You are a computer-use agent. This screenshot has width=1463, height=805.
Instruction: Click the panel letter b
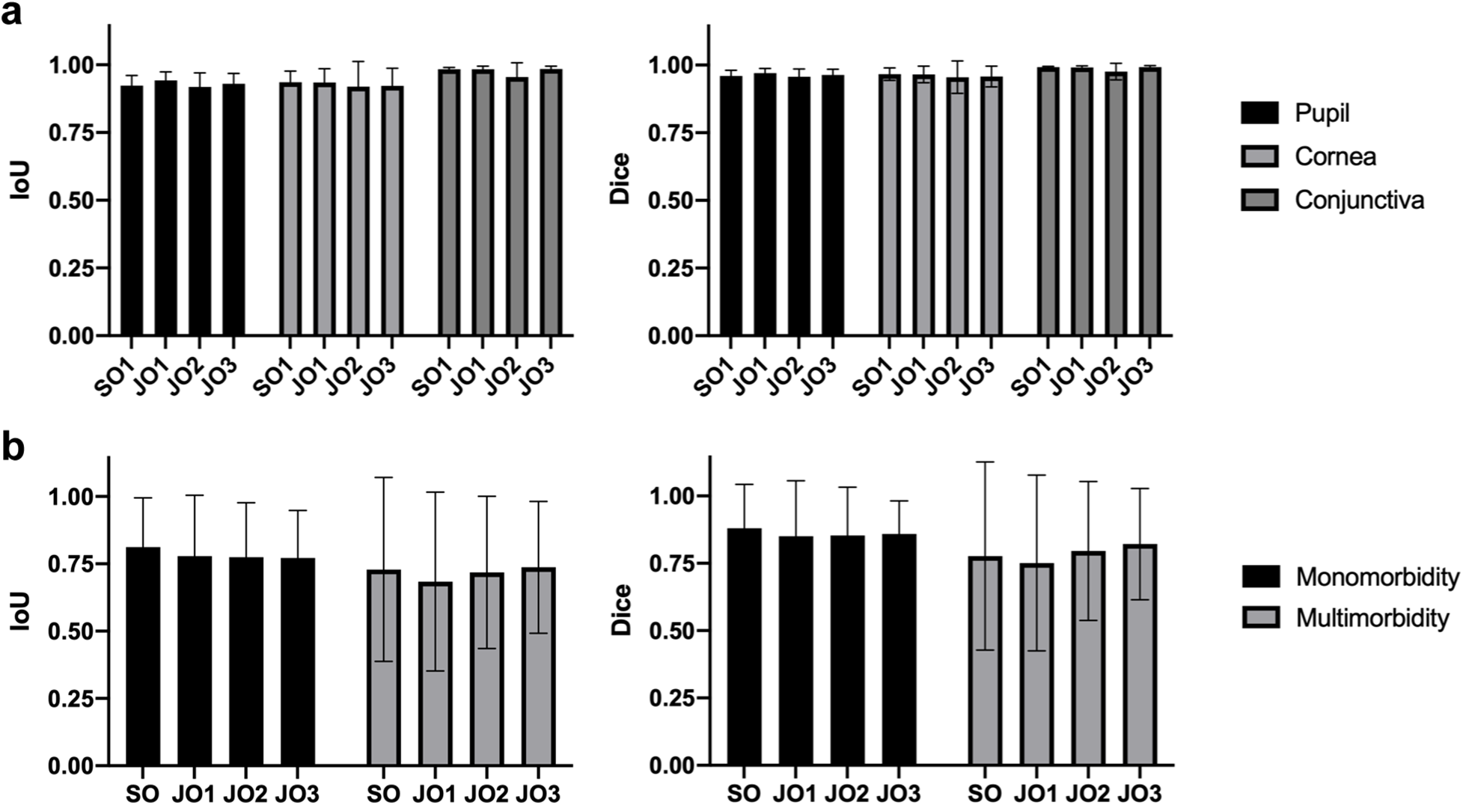pyautogui.click(x=13, y=447)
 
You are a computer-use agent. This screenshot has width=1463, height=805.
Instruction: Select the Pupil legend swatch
pyautogui.click(x=1259, y=113)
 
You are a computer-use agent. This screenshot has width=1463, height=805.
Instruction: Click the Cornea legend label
pyautogui.click(x=1335, y=156)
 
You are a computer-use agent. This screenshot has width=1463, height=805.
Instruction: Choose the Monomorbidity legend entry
pyautogui.click(x=1377, y=577)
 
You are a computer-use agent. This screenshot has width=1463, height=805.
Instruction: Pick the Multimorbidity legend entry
pyautogui.click(x=1372, y=618)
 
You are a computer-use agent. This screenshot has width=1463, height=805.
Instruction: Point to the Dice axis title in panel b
pyautogui.click(x=620, y=610)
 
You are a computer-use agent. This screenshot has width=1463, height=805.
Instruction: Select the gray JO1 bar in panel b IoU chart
pyautogui.click(x=435, y=673)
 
